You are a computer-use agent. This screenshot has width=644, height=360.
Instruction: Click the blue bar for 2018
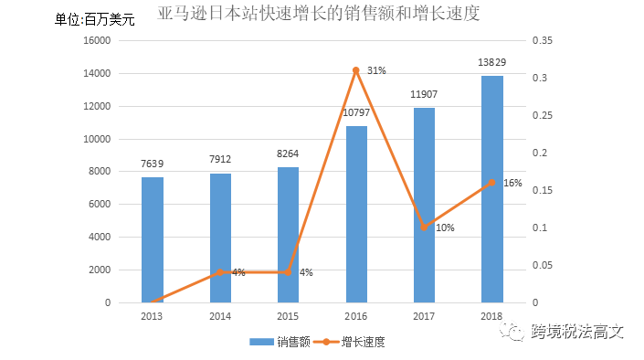(x=492, y=189)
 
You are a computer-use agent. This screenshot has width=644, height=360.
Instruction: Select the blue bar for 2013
(x=153, y=239)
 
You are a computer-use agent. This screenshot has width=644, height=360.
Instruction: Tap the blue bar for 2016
(x=356, y=214)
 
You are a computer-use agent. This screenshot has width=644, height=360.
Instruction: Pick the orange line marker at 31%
(x=356, y=69)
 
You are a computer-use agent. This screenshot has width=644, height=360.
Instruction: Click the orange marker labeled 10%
(x=425, y=227)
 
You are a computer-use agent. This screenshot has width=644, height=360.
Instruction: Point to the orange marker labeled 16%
(x=492, y=182)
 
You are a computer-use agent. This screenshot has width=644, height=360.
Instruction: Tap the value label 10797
(x=356, y=112)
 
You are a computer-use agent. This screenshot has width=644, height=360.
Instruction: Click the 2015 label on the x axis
(x=289, y=315)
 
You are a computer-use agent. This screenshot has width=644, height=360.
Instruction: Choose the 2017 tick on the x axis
(x=425, y=315)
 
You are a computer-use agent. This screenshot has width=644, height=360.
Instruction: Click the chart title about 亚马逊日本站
(x=319, y=14)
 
